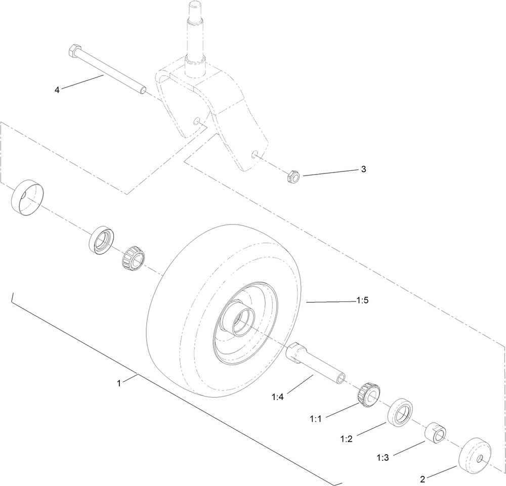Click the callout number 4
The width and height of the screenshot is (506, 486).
[57, 90]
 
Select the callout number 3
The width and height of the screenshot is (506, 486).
[363, 169]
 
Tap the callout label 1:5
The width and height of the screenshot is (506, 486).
[362, 301]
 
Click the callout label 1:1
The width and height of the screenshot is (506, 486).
[316, 418]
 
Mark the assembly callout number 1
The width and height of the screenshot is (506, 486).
[119, 383]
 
